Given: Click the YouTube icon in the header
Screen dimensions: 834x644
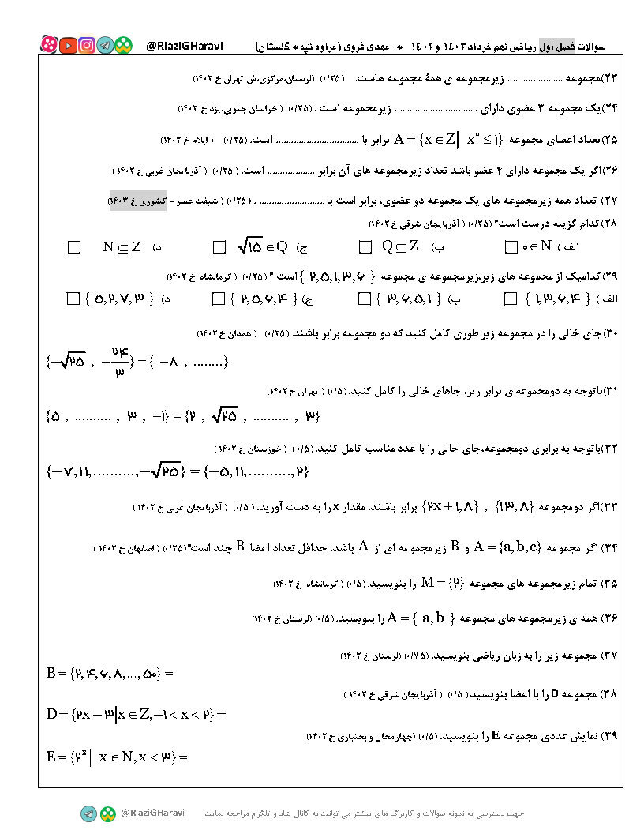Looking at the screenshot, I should coord(68,46).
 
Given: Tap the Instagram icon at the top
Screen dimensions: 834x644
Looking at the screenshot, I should coord(87,46).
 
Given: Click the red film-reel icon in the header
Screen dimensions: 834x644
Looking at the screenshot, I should coord(49,46).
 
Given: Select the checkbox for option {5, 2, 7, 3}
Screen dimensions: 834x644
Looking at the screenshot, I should coord(74,299).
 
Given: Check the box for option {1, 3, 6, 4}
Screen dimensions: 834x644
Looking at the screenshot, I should coord(510,299).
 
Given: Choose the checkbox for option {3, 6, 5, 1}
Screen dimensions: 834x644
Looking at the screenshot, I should coord(365,299).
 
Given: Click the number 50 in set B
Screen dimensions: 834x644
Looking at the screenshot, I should coord(149,674).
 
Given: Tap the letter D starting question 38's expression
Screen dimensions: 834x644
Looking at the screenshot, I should coord(54,715).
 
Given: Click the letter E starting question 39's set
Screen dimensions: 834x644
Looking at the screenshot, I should coord(51,757).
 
